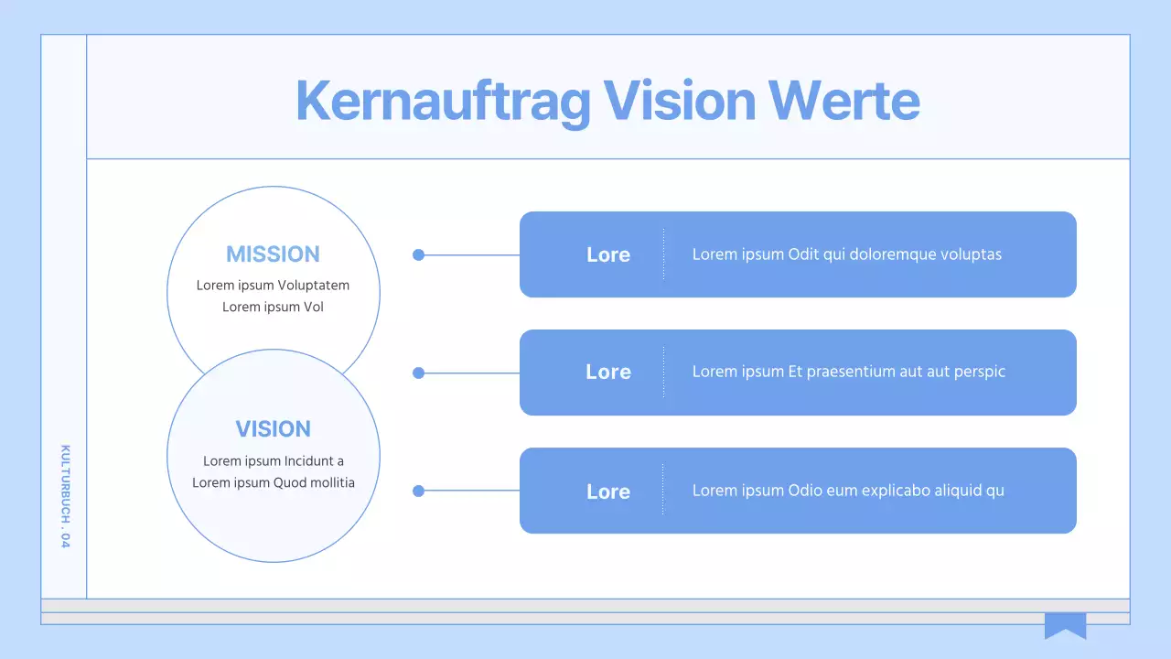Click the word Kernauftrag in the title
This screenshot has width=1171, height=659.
(443, 101)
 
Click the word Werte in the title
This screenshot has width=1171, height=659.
(843, 101)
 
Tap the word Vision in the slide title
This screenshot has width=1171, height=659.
(679, 101)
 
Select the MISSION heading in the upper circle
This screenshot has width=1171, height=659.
(273, 254)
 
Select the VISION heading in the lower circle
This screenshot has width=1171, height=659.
(273, 429)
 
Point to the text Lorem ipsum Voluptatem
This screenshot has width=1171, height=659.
(273, 286)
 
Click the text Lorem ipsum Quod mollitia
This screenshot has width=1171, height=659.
(273, 483)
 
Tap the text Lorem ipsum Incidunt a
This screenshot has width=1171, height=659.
(273, 461)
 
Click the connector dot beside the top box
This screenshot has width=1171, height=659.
(419, 255)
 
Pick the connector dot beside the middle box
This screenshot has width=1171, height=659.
(419, 373)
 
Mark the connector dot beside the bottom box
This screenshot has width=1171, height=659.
(419, 491)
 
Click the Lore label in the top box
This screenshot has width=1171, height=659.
(608, 255)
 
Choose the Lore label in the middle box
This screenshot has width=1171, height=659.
(608, 373)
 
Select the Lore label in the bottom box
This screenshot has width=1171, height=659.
(608, 492)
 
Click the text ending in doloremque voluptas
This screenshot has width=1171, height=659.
(846, 254)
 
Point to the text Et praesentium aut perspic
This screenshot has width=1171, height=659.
(848, 372)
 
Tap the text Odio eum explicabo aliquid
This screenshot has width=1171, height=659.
(848, 491)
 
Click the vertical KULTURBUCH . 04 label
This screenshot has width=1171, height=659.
(65, 496)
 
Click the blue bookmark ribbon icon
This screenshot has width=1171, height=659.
(1065, 626)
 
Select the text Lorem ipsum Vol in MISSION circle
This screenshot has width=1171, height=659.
(273, 308)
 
